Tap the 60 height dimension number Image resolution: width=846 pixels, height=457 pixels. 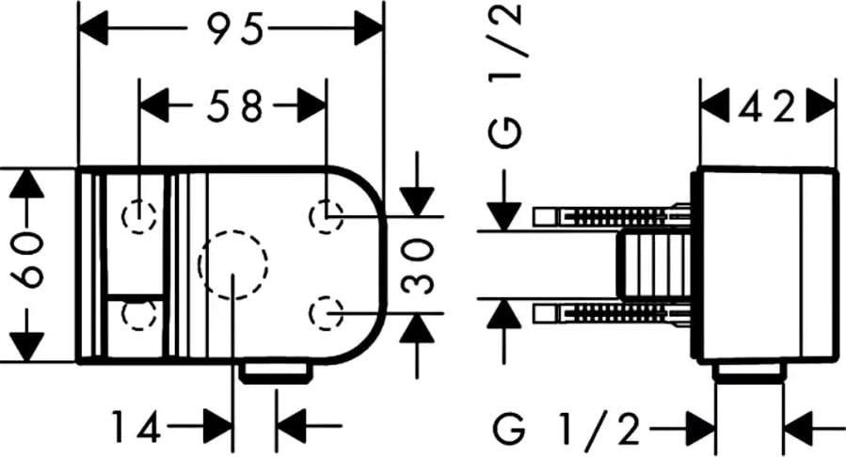coord(27,260)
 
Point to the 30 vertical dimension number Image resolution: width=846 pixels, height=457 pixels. coord(419,267)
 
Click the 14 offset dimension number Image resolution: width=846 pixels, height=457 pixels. coord(136,426)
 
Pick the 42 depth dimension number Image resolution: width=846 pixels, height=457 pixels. coord(766,108)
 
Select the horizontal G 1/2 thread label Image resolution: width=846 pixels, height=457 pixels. coord(567,429)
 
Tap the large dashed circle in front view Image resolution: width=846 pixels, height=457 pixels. coord(233,264)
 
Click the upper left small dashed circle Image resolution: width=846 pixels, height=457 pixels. coord(139,216)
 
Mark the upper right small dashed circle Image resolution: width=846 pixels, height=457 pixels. coord(327,216)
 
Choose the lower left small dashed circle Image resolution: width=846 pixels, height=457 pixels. coord(139,313)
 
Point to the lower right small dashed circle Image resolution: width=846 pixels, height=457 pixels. coord(327,313)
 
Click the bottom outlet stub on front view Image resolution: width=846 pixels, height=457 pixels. coord(277,373)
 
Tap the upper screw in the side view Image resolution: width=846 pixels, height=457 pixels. coord(613,216)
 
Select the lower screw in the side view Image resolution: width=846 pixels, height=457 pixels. coord(613,313)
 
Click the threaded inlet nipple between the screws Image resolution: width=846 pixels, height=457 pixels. coord(655,264)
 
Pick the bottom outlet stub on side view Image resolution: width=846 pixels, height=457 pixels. coord(749,372)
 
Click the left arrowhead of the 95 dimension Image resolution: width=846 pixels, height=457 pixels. coord(93,28)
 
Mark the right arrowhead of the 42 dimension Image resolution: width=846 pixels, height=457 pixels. coord(822,108)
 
